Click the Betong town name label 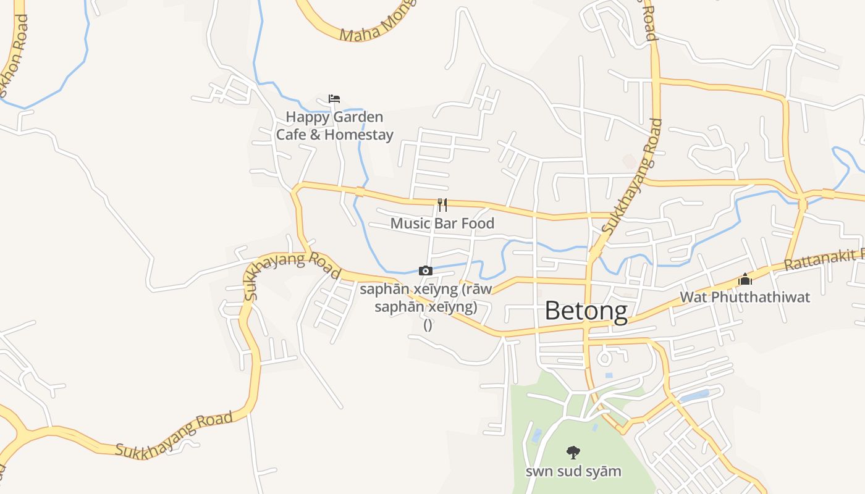[586, 311]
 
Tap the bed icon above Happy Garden [334, 99]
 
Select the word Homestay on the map [359, 135]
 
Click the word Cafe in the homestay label [290, 135]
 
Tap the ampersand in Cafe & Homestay [315, 135]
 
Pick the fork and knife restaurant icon [442, 204]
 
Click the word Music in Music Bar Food [410, 223]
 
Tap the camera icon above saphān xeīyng [425, 270]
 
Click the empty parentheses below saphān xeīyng [428, 325]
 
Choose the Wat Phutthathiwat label [745, 297]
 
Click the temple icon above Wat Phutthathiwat [745, 279]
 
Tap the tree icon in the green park [573, 453]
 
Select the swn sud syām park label [573, 471]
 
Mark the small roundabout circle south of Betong [604, 358]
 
